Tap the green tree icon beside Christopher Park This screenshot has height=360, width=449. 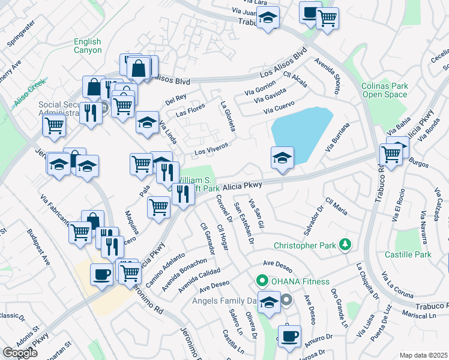[x=345, y=244]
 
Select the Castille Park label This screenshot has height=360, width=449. [x=413, y=255]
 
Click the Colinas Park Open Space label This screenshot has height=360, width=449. [x=385, y=90]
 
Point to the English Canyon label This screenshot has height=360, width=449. [x=88, y=46]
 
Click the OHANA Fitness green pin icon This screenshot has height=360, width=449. [x=262, y=281]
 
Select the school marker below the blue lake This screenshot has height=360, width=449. [x=282, y=157]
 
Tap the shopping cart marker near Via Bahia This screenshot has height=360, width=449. [x=391, y=154]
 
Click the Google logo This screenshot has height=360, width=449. [x=20, y=353]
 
